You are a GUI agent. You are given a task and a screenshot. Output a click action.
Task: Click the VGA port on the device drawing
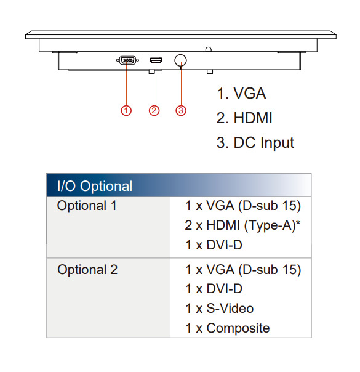127,60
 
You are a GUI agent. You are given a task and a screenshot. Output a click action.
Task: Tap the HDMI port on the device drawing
156,60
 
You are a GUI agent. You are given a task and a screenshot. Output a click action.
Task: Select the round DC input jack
180,60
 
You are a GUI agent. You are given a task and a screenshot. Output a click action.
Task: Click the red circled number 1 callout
126,111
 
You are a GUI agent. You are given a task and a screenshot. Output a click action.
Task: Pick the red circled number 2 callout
154,111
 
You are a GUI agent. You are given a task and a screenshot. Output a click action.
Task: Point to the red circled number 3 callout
181,111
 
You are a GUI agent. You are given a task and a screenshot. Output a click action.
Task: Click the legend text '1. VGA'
241,93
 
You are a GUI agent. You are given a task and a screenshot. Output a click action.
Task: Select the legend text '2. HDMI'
244,118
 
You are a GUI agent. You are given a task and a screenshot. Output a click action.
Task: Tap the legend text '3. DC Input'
255,143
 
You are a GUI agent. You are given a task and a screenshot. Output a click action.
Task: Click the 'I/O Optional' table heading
95,186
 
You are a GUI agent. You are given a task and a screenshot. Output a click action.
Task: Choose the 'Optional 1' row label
87,206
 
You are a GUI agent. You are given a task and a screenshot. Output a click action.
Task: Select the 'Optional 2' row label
87,270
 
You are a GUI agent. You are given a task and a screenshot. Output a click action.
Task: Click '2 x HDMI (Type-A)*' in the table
242,225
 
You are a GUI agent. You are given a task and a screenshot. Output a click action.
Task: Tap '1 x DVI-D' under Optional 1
214,245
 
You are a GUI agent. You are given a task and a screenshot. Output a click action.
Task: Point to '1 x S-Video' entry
220,309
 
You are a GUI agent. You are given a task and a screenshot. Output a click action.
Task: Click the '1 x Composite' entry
228,328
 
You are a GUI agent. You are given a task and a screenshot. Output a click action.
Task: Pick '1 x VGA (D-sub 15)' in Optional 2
243,270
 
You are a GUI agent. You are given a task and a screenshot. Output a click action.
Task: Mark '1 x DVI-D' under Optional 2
214,289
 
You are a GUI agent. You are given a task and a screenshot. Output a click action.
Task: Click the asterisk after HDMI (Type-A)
298,223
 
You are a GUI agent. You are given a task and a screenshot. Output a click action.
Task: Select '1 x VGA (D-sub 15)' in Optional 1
243,206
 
